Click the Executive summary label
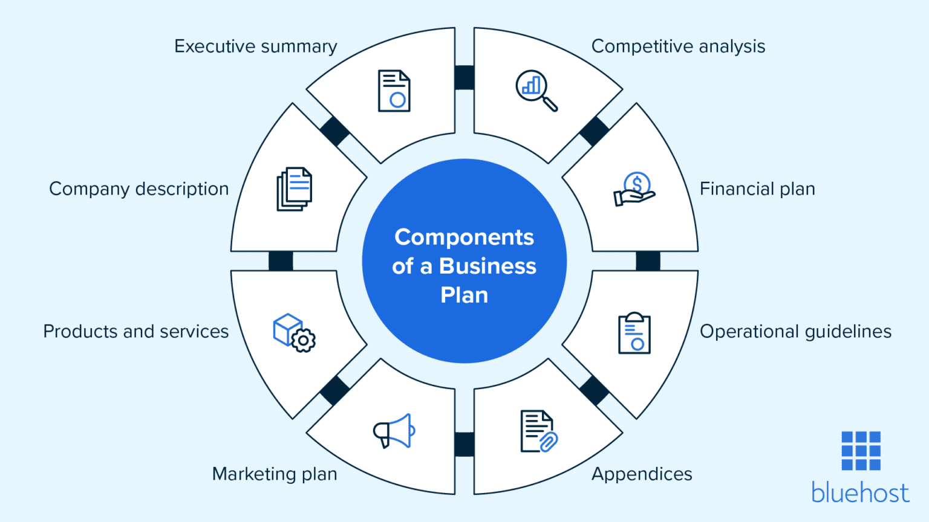tap(255, 47)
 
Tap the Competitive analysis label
tap(678, 47)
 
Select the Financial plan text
tap(757, 189)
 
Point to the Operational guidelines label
tap(795, 332)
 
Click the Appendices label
tap(642, 474)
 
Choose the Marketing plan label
tap(275, 474)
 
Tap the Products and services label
tap(136, 332)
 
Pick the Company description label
tap(139, 189)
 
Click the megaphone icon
tap(394, 431)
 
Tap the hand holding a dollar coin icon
tap(634, 190)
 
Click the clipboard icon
tap(634, 333)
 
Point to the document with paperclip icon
tap(538, 431)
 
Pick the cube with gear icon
tap(294, 332)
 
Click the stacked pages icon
tap(294, 189)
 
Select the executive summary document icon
tap(394, 91)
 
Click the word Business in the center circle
tap(487, 266)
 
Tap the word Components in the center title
tap(464, 237)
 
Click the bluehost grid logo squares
tap(861, 451)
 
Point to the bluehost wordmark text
tap(860, 493)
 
